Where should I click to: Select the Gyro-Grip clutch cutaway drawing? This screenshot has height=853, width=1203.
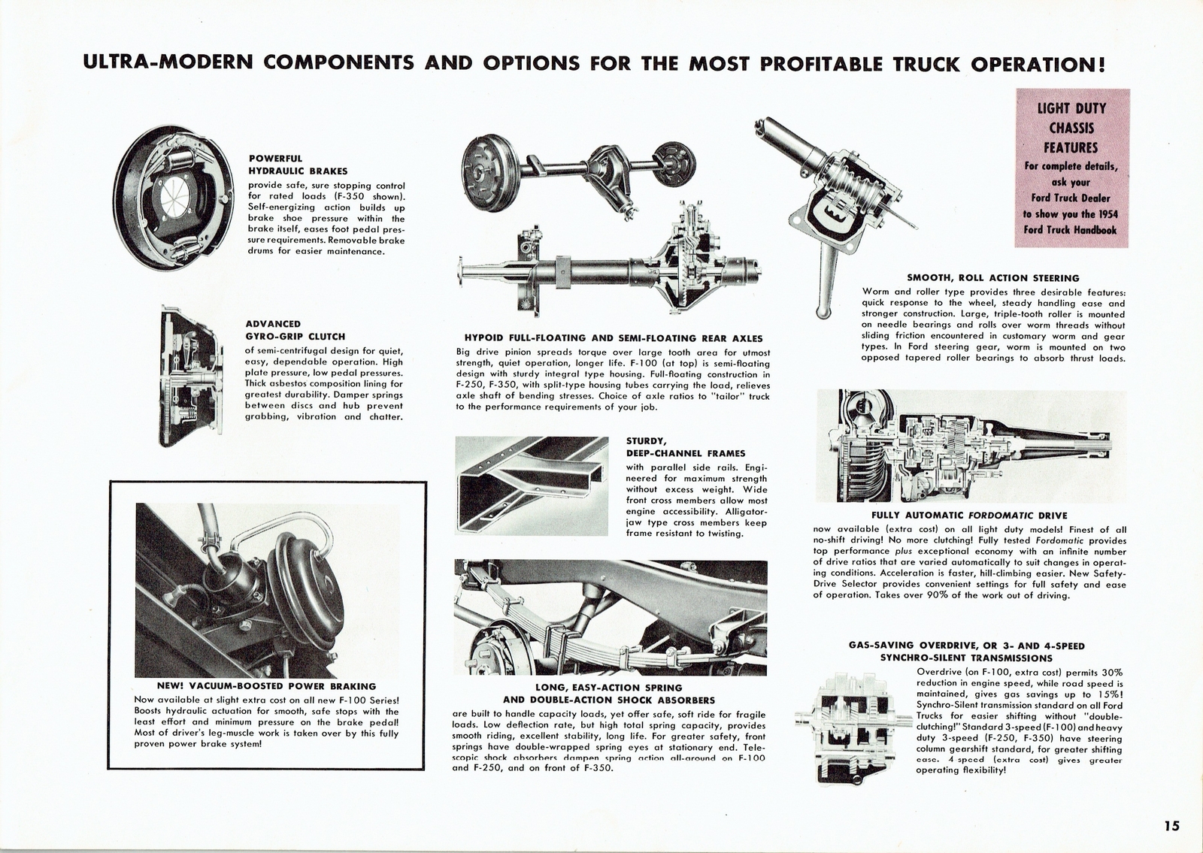pos(191,375)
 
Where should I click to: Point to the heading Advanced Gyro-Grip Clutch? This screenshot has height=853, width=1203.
pos(295,330)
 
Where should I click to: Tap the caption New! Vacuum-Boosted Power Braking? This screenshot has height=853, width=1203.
pos(266,686)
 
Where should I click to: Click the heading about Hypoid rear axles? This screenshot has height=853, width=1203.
pos(614,338)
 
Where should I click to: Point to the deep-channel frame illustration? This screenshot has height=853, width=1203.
pos(532,485)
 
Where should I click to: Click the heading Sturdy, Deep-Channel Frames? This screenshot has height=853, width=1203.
pos(685,447)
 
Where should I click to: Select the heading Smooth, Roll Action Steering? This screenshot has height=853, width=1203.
pos(993,278)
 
